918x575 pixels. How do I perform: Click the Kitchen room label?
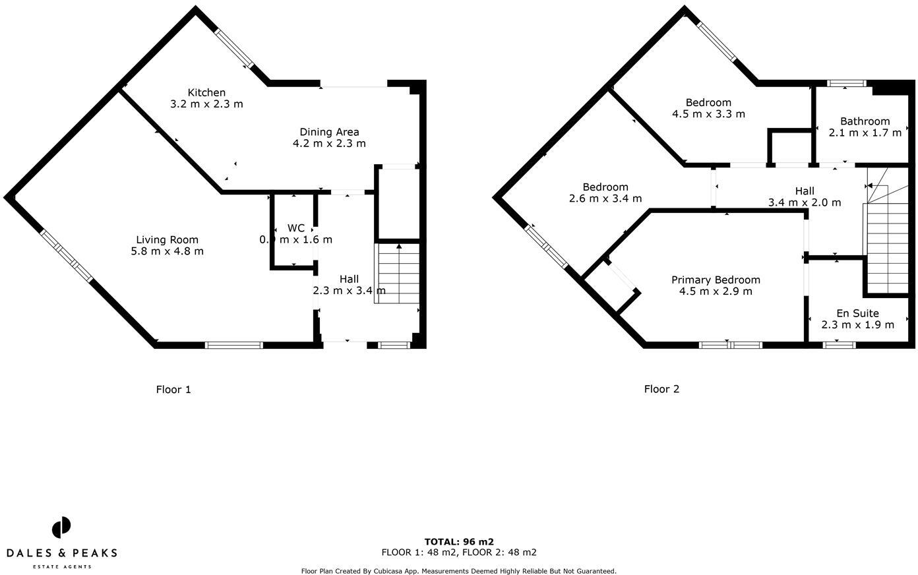pyautogui.click(x=206, y=93)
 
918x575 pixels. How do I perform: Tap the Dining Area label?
pyautogui.click(x=329, y=132)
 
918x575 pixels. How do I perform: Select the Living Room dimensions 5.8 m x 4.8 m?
pyautogui.click(x=167, y=251)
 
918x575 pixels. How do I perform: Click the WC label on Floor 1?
pyautogui.click(x=296, y=228)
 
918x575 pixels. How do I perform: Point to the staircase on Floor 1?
pyautogui.click(x=397, y=274)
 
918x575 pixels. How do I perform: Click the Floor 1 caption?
pyautogui.click(x=173, y=390)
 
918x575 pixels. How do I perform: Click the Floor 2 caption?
pyautogui.click(x=661, y=389)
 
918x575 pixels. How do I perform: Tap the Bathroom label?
pyautogui.click(x=865, y=121)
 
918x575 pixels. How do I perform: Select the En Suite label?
pyautogui.click(x=857, y=313)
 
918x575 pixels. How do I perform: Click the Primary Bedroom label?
pyautogui.click(x=716, y=280)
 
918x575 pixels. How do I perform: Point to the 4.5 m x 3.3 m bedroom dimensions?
pyautogui.click(x=708, y=114)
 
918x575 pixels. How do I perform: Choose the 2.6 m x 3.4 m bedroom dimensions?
pyautogui.click(x=605, y=198)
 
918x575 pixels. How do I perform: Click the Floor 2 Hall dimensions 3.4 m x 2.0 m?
pyautogui.click(x=804, y=202)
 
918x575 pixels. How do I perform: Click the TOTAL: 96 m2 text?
pyautogui.click(x=459, y=542)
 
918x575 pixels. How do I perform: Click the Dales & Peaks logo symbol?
pyautogui.click(x=61, y=528)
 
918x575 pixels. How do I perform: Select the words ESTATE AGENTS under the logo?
pyautogui.click(x=62, y=566)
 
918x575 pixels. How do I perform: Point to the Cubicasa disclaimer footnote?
pyautogui.click(x=458, y=571)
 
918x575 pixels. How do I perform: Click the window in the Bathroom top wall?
pyautogui.click(x=847, y=83)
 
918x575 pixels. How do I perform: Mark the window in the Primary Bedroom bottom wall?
pyautogui.click(x=730, y=344)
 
